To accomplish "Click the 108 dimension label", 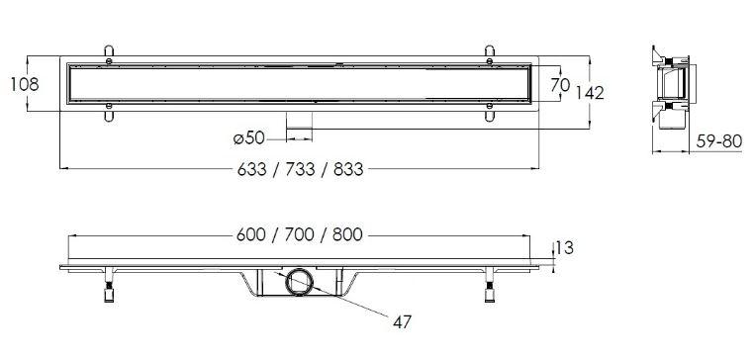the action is [25, 84].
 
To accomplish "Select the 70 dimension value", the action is [560, 85].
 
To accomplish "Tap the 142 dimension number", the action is [590, 93].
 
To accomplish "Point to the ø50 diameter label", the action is [248, 138].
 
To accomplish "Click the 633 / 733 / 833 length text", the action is [300, 169].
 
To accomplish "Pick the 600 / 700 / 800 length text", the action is [300, 234].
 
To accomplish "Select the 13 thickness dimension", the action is [565, 248].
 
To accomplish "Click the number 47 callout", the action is [402, 322].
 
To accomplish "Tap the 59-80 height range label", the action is [719, 141].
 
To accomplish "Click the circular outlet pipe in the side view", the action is [300, 282].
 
